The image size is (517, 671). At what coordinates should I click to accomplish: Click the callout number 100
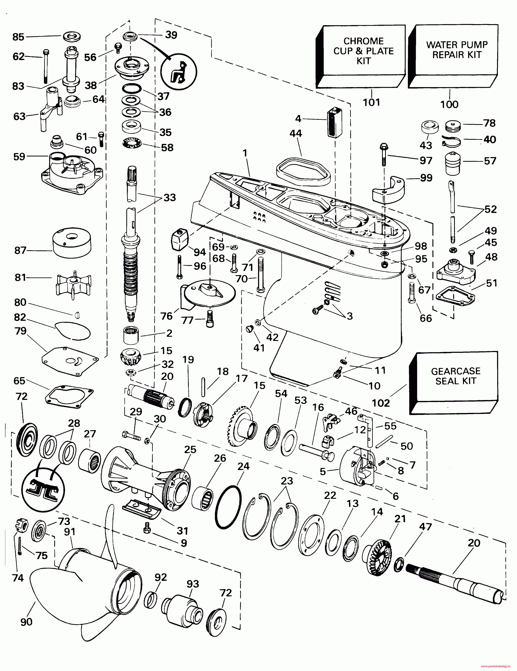449,104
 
